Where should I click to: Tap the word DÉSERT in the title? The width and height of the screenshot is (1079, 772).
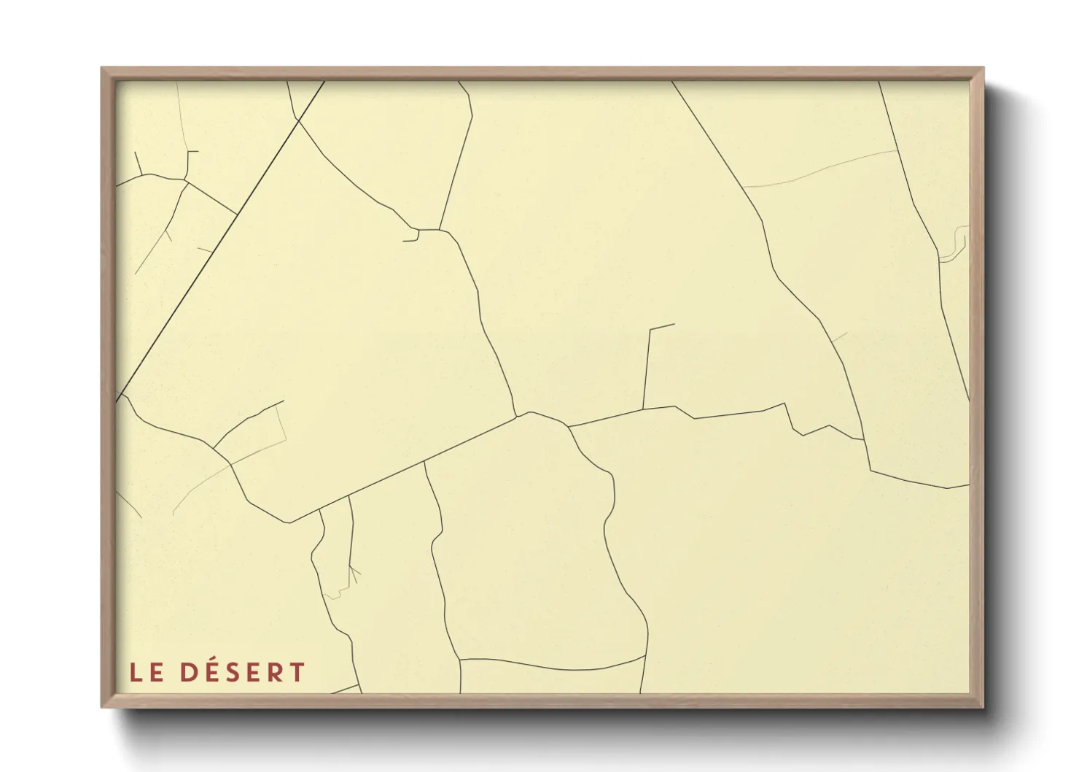pos(242,672)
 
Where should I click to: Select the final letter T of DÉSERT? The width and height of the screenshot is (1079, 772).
pos(297,672)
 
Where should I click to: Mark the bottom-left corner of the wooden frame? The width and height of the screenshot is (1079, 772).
pos(102,706)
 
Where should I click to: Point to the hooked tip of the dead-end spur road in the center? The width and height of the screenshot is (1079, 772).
pos(673,325)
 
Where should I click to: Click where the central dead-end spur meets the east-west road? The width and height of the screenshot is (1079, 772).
pos(643,409)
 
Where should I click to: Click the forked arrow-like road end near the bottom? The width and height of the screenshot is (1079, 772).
pos(353,573)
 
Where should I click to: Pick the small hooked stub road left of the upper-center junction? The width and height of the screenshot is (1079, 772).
pos(411,237)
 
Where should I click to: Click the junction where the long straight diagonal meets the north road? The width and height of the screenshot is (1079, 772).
pos(517,417)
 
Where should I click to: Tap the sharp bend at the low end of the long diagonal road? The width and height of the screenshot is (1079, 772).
pos(290,522)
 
